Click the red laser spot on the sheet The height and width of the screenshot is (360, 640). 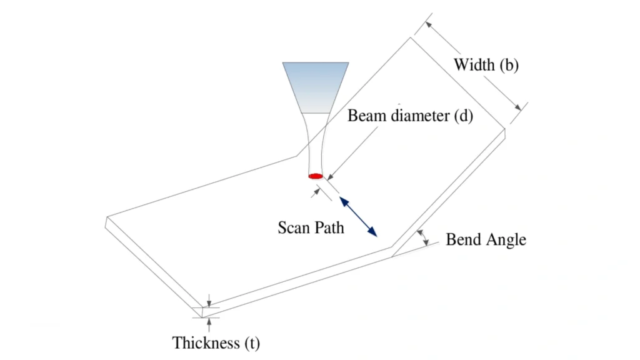point(316,176)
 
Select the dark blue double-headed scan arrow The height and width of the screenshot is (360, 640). point(358,216)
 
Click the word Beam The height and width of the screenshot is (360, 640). point(366,116)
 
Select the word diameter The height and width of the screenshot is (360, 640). point(419,116)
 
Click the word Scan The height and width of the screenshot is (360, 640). point(294,227)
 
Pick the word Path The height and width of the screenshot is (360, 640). point(329,227)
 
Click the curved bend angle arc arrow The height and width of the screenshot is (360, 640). point(424,237)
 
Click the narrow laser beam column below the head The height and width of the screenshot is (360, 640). point(315,144)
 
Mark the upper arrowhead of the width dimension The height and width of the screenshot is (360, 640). point(428,24)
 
